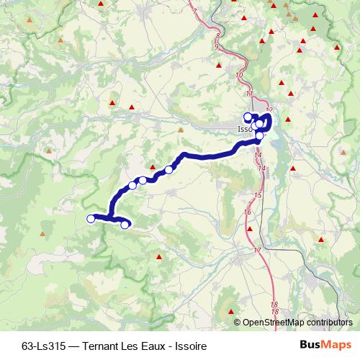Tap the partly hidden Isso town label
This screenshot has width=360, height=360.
244,130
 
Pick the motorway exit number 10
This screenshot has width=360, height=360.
239,74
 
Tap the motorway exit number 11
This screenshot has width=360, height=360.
249,94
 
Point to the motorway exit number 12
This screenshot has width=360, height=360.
269,109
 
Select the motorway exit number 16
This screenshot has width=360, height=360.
247,212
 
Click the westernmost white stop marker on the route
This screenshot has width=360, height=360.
91,218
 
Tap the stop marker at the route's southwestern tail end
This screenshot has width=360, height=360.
125,225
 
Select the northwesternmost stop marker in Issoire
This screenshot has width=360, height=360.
248,117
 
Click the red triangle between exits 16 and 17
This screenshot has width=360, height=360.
250,229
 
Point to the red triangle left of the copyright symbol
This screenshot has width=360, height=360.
231,312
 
